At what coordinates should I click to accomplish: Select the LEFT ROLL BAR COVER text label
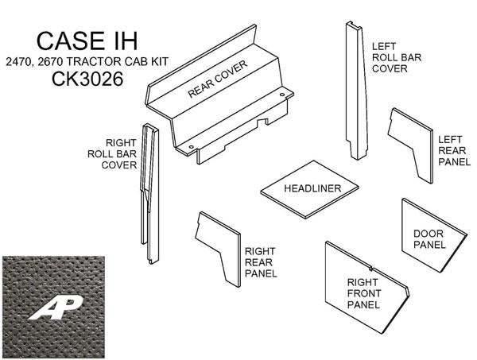pyautogui.click(x=390, y=57)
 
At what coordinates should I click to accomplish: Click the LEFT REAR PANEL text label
pyautogui.click(x=454, y=149)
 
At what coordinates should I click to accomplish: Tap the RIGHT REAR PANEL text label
pyautogui.click(x=260, y=261)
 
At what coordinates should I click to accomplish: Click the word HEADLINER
pyautogui.click(x=312, y=188)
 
